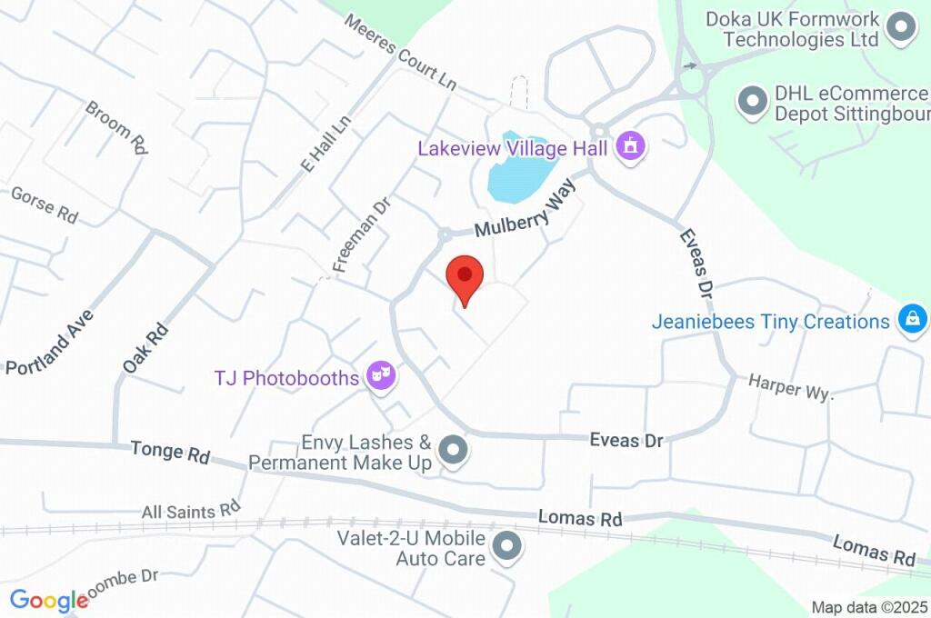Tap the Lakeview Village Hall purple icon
tap(629, 146)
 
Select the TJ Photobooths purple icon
tap(382, 375)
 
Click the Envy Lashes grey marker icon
tap(452, 450)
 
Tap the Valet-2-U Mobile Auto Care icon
tap(506, 547)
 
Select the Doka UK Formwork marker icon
tap(901, 28)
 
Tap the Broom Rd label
tap(116, 125)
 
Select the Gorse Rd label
tap(44, 204)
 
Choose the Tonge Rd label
tap(170, 453)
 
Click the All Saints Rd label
tap(191, 511)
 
